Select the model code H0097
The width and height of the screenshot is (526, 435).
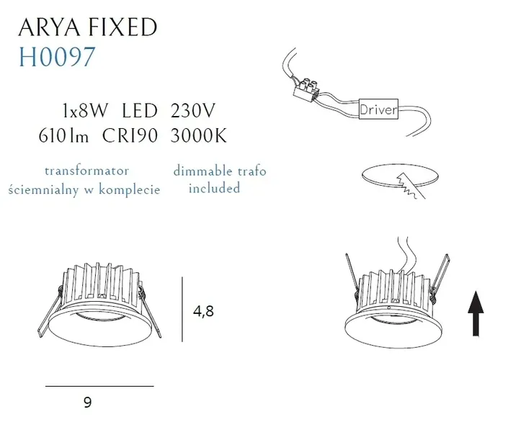tap(57, 57)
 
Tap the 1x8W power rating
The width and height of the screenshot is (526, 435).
tap(86, 111)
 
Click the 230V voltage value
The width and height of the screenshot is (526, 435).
tap(192, 111)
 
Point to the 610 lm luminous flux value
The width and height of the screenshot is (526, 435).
tap(63, 136)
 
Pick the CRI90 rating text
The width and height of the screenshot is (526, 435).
tap(130, 136)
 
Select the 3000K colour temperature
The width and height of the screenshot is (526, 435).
tap(199, 136)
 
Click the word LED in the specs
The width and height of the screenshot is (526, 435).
tap(140, 111)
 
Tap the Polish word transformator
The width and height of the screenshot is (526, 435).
tap(87, 171)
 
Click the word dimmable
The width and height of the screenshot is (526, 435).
tap(202, 171)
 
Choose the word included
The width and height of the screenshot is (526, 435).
tap(214, 188)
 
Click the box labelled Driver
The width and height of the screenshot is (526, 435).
tap(378, 109)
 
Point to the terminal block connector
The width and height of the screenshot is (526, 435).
tap(306, 88)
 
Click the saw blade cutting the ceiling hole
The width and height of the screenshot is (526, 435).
tap(410, 186)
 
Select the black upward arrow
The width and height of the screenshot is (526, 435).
tap(476, 313)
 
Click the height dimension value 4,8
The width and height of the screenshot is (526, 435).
tap(203, 311)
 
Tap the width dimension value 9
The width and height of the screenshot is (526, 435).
tap(88, 402)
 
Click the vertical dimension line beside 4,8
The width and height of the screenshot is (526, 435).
tap(182, 309)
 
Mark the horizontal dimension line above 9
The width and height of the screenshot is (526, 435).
tap(99, 386)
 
